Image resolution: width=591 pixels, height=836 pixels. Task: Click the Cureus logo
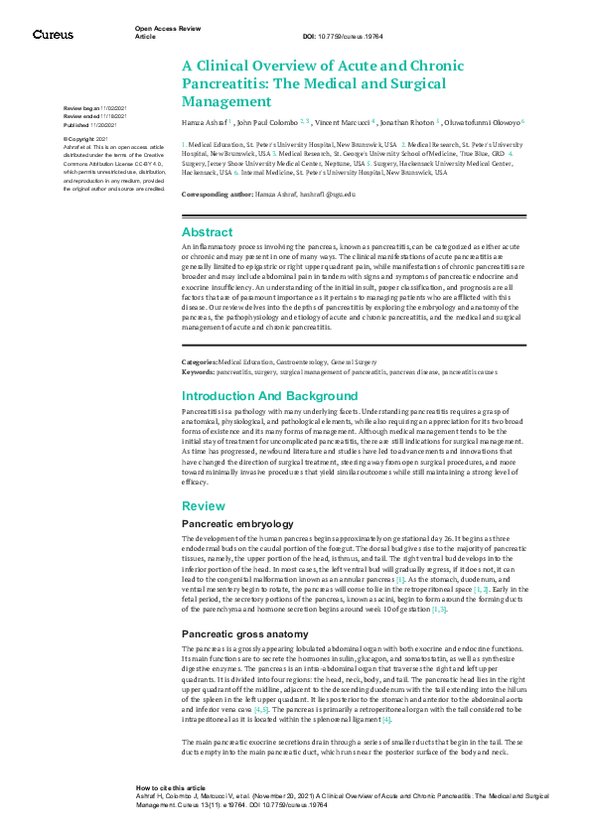tap(52, 34)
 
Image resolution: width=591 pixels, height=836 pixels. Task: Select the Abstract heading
tap(207, 231)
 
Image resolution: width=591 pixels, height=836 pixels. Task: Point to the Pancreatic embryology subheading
tap(236, 523)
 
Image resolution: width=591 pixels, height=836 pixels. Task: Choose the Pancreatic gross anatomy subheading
tap(244, 605)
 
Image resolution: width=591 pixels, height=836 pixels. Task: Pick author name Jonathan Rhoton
tap(407, 121)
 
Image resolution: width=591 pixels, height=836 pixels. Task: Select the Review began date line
tap(94, 106)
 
